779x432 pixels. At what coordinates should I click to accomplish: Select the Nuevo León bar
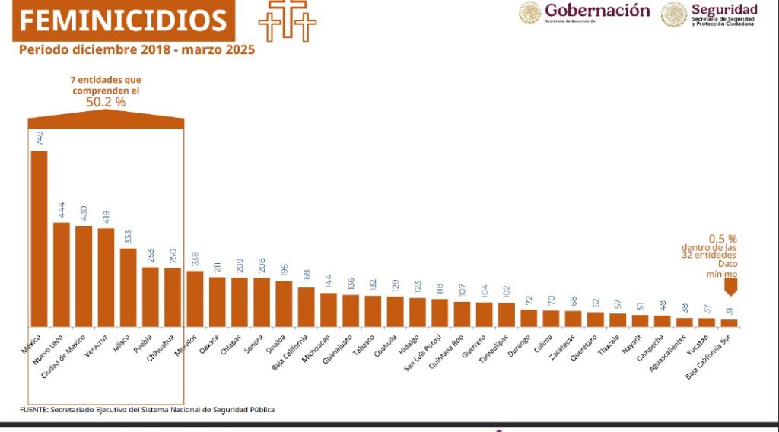pos(61,275)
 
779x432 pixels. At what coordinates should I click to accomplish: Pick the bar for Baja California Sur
pos(729,323)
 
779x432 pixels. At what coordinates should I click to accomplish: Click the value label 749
pos(40,138)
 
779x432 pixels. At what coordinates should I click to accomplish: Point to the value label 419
pos(106,218)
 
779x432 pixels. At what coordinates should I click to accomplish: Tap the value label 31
pos(729,310)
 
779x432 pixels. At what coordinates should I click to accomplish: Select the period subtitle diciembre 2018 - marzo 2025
pos(137,50)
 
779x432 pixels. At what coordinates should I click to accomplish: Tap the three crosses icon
pos(288,21)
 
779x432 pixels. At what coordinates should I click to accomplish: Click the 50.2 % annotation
pos(106,101)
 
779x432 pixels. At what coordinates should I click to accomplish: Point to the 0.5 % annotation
pos(722,238)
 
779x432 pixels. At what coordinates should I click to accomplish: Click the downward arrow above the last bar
pos(731,287)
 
